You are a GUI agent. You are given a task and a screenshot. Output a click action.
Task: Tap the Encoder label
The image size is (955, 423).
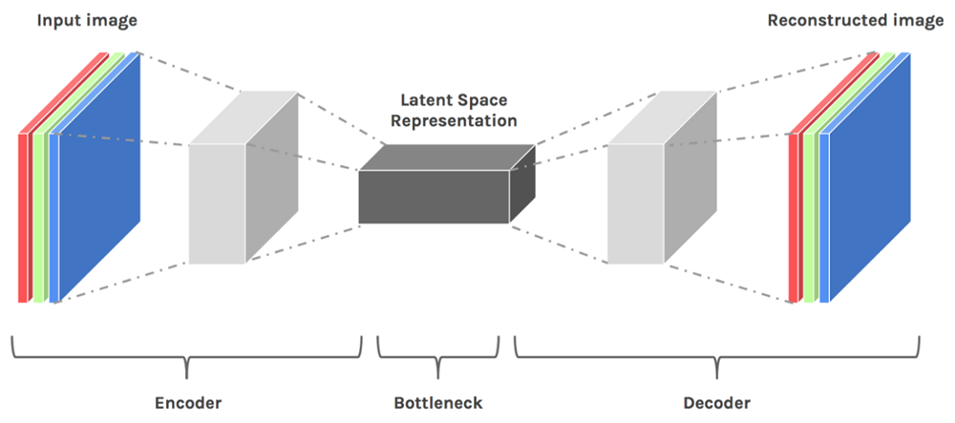(x=188, y=403)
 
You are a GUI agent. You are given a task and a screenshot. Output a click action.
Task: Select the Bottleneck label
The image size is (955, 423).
(x=438, y=403)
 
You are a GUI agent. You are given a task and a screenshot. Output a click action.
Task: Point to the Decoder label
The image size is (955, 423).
(x=717, y=403)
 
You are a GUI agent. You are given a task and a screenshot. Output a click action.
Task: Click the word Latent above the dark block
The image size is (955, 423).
(x=423, y=99)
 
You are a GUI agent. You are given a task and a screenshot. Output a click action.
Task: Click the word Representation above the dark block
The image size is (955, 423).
(x=454, y=120)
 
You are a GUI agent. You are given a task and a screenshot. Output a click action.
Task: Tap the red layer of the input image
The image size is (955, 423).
(x=23, y=218)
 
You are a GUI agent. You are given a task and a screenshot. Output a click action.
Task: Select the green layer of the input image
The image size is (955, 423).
(x=39, y=218)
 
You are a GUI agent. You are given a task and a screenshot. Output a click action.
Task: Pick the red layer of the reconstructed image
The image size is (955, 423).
(x=794, y=218)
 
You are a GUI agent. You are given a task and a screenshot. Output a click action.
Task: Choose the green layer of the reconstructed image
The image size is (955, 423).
(x=809, y=218)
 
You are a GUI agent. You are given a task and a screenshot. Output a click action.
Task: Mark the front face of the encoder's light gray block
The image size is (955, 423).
(x=217, y=204)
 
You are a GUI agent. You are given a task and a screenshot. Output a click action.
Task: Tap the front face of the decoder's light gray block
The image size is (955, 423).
(x=636, y=204)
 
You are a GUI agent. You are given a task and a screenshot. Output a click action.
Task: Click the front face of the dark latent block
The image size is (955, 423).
(x=434, y=197)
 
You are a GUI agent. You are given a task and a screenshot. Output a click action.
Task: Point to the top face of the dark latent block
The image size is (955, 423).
(x=447, y=158)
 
